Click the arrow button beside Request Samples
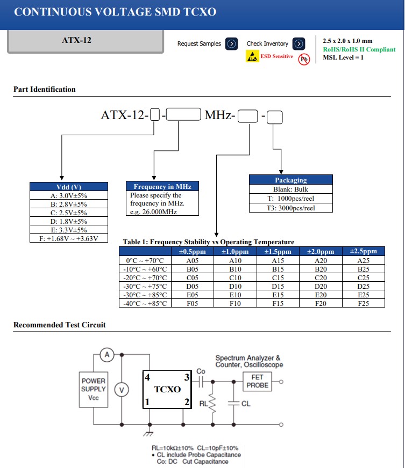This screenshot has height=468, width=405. [x=232, y=43]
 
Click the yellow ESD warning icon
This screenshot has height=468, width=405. [x=252, y=56]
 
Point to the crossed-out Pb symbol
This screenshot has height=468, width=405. [x=304, y=58]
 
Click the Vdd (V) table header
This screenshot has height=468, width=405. [x=69, y=187]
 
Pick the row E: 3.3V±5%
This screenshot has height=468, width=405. [x=69, y=230]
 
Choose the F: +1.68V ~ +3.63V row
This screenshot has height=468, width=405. [x=69, y=238]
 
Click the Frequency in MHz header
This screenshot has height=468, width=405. [x=162, y=187]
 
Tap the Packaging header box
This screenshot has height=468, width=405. [x=290, y=180]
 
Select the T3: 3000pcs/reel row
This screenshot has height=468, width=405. [x=290, y=208]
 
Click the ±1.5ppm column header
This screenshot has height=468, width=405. [x=278, y=252]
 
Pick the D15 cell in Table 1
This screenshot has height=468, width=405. [x=278, y=286]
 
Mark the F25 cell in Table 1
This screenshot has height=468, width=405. [x=364, y=303]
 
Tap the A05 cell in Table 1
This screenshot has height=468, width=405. [x=193, y=260]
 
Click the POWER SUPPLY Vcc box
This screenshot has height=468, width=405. [x=94, y=389]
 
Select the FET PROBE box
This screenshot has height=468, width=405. [x=257, y=382]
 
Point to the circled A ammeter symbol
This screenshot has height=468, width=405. [x=106, y=355]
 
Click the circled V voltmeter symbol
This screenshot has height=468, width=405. [x=123, y=390]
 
